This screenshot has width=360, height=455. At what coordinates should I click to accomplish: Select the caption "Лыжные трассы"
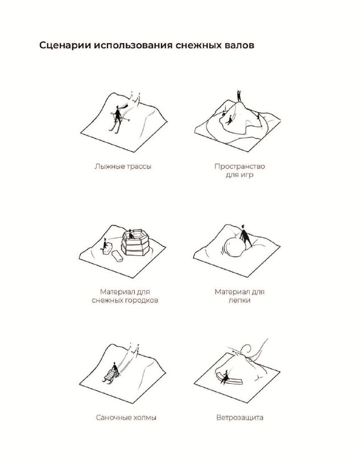(x=123, y=167)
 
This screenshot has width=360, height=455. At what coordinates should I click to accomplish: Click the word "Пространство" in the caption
(x=239, y=166)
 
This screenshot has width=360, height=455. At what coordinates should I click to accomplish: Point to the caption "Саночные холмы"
(x=126, y=417)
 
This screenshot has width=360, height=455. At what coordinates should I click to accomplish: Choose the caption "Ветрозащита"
(x=239, y=417)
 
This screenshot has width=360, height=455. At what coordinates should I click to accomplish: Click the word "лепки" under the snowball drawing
(x=239, y=300)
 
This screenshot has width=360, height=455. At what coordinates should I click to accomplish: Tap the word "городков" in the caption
(x=142, y=300)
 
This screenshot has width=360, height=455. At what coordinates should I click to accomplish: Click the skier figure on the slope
(x=118, y=118)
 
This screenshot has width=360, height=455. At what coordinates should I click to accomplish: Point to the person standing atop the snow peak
(x=239, y=96)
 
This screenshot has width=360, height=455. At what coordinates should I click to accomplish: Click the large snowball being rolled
(x=234, y=247)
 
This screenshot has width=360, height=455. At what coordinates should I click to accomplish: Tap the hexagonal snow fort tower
(x=135, y=243)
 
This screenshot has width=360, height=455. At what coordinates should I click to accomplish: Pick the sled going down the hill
(x=110, y=376)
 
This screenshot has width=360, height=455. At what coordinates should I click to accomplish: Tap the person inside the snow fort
(x=131, y=234)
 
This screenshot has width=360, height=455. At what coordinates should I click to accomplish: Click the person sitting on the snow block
(x=104, y=245)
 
